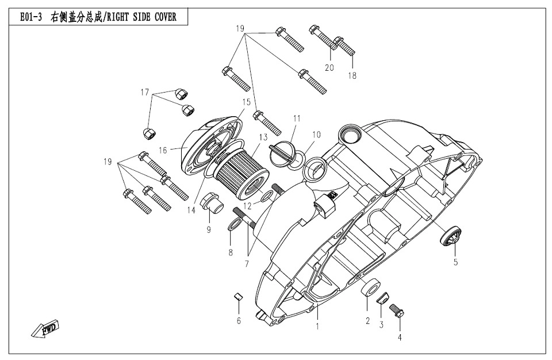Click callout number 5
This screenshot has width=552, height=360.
point(455,263)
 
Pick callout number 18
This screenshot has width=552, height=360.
point(352,75)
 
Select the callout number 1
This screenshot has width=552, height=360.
point(316,325)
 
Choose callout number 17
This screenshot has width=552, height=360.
point(145,92)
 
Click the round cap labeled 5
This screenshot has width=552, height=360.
point(450,236)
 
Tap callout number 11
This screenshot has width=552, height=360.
point(297,118)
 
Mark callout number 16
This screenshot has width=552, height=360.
point(163,150)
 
